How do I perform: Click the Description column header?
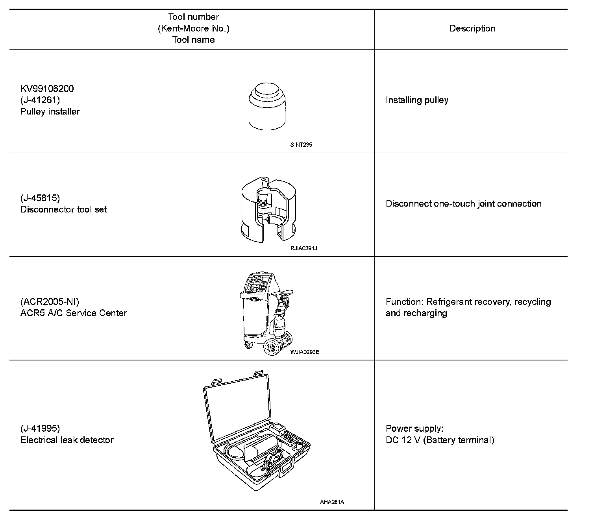pos(472,29)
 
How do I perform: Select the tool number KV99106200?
pos(47,89)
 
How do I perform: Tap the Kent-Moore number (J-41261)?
pos(40,100)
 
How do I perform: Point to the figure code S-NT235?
pos(301,144)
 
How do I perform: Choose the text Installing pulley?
pos(417,100)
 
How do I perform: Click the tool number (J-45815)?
pos(40,198)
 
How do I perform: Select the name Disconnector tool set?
pos(64,209)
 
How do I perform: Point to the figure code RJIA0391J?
pos(303,248)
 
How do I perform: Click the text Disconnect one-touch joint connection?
pos(463,204)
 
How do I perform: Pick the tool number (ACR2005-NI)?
pos(50,302)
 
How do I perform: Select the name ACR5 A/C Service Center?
pos(74,313)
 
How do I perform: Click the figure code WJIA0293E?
pos(304,352)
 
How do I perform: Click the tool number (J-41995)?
pos(40,429)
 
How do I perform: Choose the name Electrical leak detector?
pos(67,440)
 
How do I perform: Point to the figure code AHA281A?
pos(332,502)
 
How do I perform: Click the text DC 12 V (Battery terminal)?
pos(440,440)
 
